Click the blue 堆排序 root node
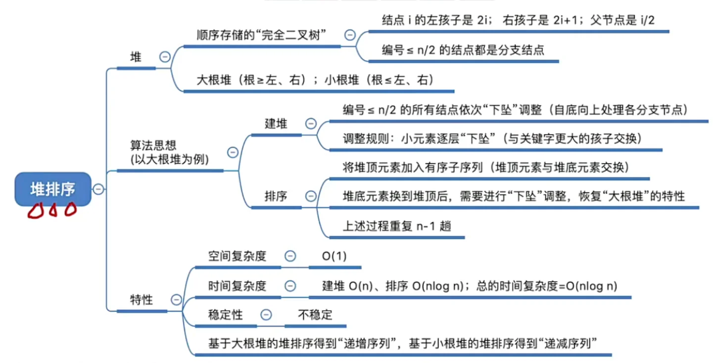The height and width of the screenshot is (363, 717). point(53,189)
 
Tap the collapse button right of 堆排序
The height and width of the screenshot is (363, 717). point(98,189)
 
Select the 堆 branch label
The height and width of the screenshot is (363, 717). point(136,57)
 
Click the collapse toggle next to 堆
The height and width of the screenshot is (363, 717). point(165,57)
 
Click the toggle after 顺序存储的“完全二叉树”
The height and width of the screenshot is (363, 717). point(350,35)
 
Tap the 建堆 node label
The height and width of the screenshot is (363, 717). point(276,123)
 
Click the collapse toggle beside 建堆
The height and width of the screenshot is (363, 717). point(311,124)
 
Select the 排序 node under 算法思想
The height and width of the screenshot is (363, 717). point(276,196)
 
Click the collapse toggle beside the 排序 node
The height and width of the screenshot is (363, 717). point(311,196)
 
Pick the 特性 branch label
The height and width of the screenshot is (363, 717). point(142,300)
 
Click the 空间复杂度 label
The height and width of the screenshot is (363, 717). point(237,256)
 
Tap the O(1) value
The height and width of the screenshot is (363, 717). point(334,256)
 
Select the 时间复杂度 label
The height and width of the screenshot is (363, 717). point(237,286)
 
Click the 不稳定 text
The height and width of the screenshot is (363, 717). point(315,314)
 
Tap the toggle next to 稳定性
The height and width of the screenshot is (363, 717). point(266,314)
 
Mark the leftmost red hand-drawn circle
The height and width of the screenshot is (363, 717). point(35,212)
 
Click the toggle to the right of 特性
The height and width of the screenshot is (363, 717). point(176,300)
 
